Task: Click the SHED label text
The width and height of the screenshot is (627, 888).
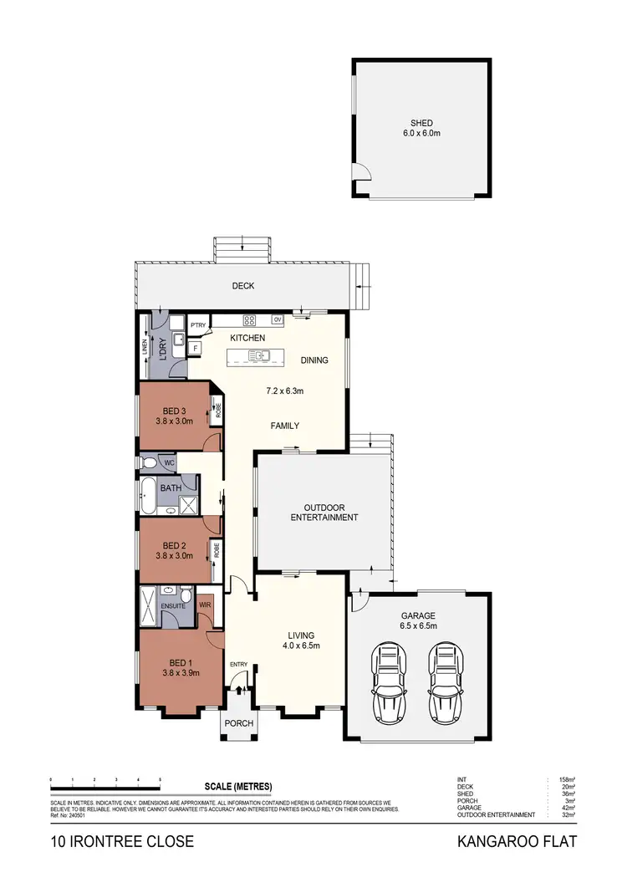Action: (421, 123)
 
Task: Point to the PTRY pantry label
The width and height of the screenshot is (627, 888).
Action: (198, 326)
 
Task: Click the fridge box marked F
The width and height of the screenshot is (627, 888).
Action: (195, 346)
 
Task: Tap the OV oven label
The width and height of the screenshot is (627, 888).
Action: (277, 319)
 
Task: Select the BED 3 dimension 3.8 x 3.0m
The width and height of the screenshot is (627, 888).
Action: (174, 421)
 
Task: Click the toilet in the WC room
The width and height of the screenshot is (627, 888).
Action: (150, 462)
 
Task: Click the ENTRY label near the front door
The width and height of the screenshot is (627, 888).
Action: (239, 665)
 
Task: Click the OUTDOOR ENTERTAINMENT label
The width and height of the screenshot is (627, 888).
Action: (324, 512)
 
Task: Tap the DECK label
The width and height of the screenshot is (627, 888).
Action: (243, 286)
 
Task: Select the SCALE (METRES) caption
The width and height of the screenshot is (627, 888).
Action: (238, 787)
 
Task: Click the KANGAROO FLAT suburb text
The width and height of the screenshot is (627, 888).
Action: (517, 841)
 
